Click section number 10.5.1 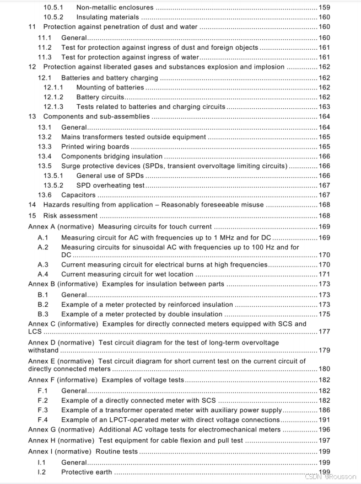click(x=53, y=8)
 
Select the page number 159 click(x=324, y=8)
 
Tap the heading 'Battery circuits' click(x=100, y=97)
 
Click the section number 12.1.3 click(x=53, y=107)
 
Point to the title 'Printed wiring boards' click(x=95, y=147)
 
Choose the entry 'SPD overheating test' click(x=110, y=185)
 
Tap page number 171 click(x=324, y=274)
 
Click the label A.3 click(x=43, y=265)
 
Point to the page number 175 click(x=324, y=314)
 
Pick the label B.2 click(x=43, y=305)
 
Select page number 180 click(x=324, y=369)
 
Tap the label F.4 click(x=43, y=420)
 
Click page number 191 click(x=324, y=420)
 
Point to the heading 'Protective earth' click(x=87, y=472)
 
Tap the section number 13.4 click(x=45, y=157)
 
